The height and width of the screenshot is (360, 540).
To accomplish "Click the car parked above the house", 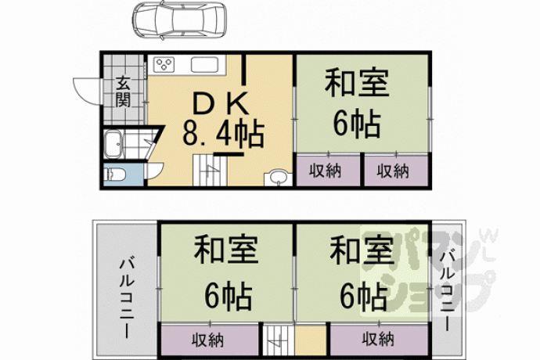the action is tap(179, 20).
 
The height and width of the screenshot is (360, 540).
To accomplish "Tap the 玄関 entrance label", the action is tap(123, 92).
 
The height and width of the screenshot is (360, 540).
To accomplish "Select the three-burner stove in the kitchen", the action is tap(164, 64).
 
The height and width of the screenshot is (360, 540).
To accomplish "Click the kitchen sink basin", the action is tap(204, 64).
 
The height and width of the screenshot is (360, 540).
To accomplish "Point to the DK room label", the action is tap(221, 103).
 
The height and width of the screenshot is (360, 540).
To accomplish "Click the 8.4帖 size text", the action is tap(223, 134).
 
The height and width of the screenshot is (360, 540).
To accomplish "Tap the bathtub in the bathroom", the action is tap(113, 144).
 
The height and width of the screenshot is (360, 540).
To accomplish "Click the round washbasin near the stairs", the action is tap(279, 178).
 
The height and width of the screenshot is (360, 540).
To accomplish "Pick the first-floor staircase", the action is tap(210, 171).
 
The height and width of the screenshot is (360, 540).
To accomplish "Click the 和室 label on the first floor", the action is tap(357, 83).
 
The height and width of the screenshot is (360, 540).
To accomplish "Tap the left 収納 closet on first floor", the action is tap(325, 171).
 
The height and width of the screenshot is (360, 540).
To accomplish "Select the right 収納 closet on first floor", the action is tap(393, 171).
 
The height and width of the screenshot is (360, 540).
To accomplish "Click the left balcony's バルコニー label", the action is tap(127, 297).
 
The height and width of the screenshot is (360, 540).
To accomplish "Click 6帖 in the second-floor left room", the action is tap(228, 296).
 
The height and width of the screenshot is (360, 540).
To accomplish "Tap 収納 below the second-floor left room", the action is tap(208, 340).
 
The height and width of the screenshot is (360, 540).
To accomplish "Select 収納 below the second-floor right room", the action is tap(378, 340).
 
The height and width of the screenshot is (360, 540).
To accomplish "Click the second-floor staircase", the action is tap(279, 340).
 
